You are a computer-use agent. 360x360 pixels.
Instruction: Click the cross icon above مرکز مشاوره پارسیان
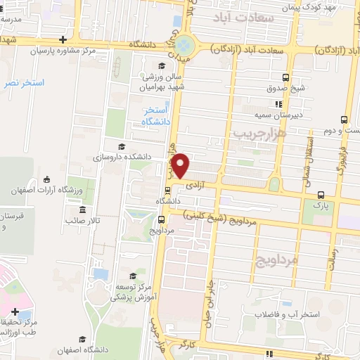(x=64, y=40)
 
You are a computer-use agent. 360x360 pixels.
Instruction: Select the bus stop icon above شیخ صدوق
(x=285, y=77)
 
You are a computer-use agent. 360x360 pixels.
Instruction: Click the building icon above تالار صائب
(x=83, y=210)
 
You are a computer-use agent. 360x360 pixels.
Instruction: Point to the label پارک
(x=313, y=206)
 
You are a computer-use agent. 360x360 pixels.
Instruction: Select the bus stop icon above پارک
(x=321, y=195)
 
